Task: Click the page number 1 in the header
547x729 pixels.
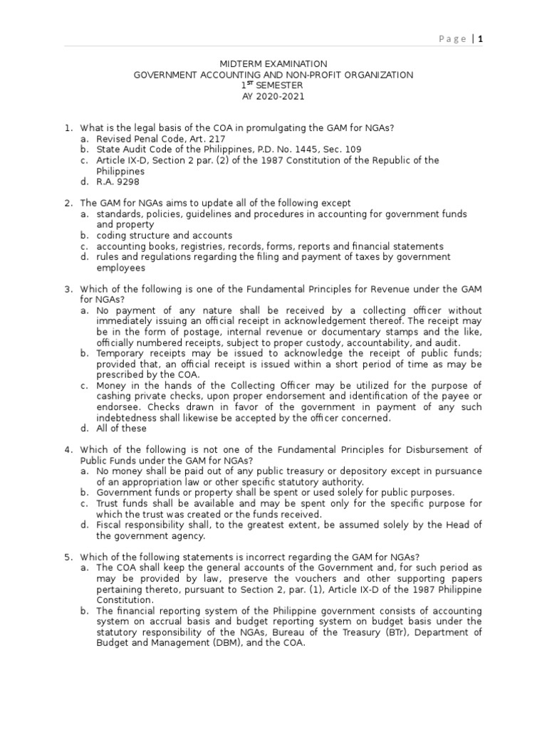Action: coord(480,39)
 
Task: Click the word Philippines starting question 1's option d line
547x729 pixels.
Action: coord(120,172)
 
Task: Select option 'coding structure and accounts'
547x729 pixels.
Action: coord(165,236)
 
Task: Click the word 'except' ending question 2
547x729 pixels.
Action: coord(335,204)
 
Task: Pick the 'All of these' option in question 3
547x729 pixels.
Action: coord(122,429)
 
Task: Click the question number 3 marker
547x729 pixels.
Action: coord(68,289)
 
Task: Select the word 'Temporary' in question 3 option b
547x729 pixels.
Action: coord(121,353)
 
